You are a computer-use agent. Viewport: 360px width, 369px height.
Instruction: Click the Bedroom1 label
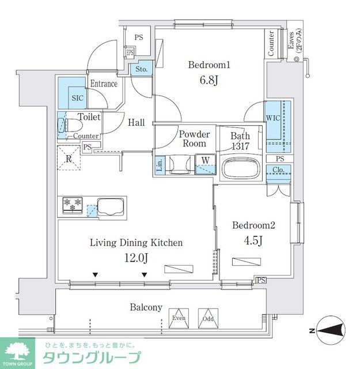click(x=209, y=65)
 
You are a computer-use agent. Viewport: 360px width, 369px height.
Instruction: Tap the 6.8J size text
click(x=210, y=81)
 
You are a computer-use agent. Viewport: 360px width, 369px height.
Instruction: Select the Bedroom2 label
click(x=253, y=225)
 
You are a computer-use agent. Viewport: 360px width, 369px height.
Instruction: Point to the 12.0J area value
click(x=137, y=258)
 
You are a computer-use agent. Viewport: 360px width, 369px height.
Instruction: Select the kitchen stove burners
click(x=73, y=205)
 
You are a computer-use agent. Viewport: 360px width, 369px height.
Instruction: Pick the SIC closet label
click(x=77, y=98)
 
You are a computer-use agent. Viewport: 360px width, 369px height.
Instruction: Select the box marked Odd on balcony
click(x=207, y=318)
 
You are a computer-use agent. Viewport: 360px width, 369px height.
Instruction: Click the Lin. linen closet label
click(x=160, y=165)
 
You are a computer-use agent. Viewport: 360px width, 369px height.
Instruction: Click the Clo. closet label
click(x=279, y=170)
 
